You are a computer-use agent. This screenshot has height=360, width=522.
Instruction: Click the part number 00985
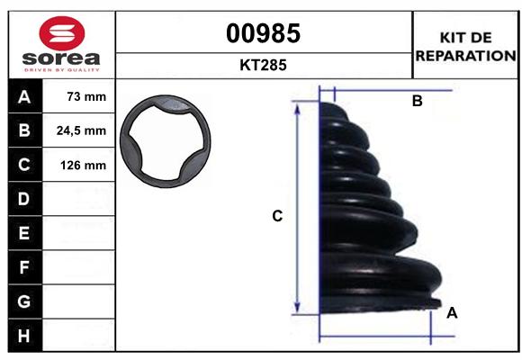coord(263,33)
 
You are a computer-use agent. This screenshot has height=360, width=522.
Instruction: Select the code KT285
coord(263,65)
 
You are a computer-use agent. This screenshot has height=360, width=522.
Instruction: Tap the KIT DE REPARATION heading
coord(464,46)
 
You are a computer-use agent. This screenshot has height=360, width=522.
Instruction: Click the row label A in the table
coord(24,96)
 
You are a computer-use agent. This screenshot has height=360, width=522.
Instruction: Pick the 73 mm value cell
coord(80,96)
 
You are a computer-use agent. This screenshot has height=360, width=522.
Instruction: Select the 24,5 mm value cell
coord(80,130)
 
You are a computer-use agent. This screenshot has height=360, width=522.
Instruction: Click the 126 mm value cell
coord(80,165)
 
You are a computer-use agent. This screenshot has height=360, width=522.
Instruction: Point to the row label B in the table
coord(24,130)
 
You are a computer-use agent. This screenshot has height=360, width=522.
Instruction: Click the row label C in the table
coord(24,165)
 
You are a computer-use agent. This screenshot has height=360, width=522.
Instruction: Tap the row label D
coord(24,199)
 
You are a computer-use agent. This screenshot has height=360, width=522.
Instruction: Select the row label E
coord(24,233)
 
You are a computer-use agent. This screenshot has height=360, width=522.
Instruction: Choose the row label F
coord(24,267)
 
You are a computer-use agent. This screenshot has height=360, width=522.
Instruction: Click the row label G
coord(24,301)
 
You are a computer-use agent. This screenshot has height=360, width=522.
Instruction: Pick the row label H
coord(24,336)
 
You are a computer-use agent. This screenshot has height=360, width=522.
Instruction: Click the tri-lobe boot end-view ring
coord(168,143)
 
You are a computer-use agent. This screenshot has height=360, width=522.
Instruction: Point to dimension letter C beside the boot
coord(278,216)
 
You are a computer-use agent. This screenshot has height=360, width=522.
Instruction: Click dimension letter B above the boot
coord(417,102)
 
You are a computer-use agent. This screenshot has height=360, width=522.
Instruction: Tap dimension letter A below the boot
coord(452,313)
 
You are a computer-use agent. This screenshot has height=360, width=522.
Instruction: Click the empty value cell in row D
coord(80,199)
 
